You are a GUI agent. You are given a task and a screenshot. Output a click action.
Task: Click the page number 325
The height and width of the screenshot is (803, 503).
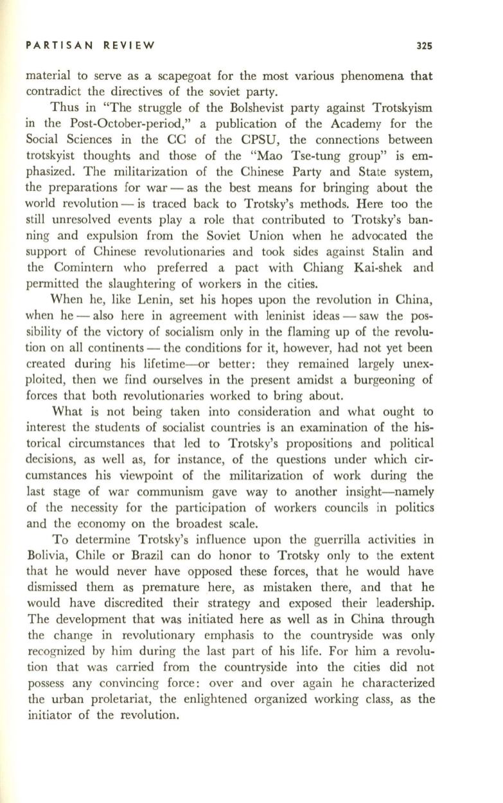click(x=423, y=46)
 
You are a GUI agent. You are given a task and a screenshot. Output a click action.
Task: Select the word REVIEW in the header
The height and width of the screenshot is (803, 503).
click(x=132, y=46)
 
